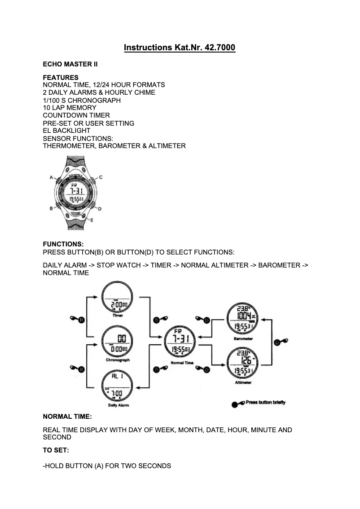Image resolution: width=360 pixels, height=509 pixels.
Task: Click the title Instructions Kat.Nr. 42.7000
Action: pyautogui.click(x=180, y=47)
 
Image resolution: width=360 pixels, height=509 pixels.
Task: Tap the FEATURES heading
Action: pyautogui.click(x=61, y=77)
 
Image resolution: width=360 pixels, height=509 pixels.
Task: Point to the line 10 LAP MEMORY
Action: pyautogui.click(x=70, y=108)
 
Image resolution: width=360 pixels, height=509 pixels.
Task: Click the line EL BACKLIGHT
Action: pyautogui.click(x=66, y=131)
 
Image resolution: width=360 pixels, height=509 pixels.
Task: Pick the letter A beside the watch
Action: pyautogui.click(x=52, y=177)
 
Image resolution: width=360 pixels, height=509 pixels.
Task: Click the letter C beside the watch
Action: pyautogui.click(x=101, y=177)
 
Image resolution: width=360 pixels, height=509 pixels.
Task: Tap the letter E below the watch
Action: pyautogui.click(x=92, y=220)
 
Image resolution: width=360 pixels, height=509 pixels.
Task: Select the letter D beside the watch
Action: pyautogui.click(x=100, y=209)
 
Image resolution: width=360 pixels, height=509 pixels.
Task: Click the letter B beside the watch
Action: pyautogui.click(x=51, y=209)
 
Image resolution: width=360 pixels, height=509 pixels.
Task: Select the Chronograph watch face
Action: pyautogui.click(x=118, y=342)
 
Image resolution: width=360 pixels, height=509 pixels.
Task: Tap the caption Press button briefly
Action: pyautogui.click(x=265, y=403)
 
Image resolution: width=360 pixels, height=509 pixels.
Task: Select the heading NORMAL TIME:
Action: pyautogui.click(x=67, y=417)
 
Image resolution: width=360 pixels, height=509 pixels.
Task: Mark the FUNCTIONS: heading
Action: pyautogui.click(x=63, y=244)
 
